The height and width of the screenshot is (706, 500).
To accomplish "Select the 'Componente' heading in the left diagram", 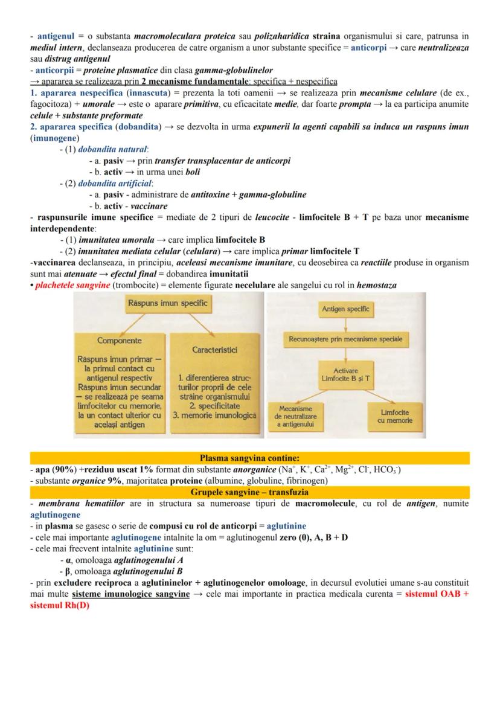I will pyautogui.click(x=120, y=341).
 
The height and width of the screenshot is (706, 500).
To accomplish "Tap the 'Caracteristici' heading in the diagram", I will pyautogui.click(x=214, y=350).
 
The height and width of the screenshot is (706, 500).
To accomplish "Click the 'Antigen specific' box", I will pyautogui.click(x=345, y=309).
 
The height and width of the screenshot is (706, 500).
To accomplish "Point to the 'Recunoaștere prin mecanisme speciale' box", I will pyautogui.click(x=345, y=339).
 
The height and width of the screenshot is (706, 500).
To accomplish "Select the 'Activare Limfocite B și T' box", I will pyautogui.click(x=345, y=374).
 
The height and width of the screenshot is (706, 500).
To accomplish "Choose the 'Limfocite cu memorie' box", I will pyautogui.click(x=397, y=416).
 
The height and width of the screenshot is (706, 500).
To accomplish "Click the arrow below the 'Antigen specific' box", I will pyautogui.click(x=345, y=324).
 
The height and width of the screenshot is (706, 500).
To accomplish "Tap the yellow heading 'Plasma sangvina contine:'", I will pyautogui.click(x=249, y=458).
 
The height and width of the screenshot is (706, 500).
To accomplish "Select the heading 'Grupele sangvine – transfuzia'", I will pyautogui.click(x=249, y=492).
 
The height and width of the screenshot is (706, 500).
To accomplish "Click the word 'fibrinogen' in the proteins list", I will pyautogui.click(x=305, y=481).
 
